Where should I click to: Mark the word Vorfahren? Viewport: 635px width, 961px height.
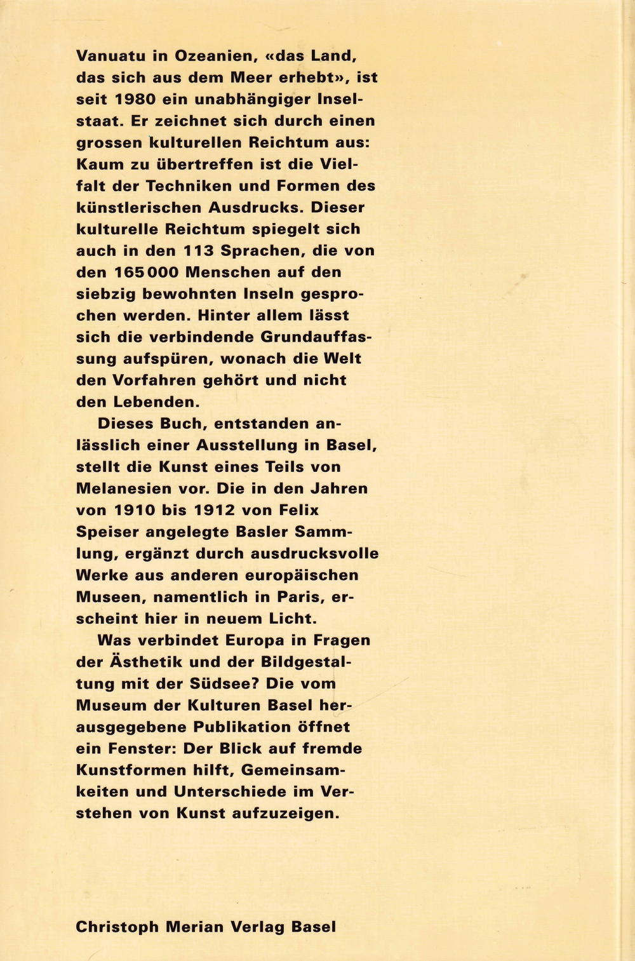[x=152, y=380]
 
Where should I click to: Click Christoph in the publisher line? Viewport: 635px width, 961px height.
[x=117, y=927]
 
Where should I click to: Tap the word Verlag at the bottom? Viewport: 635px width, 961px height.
[x=257, y=927]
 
